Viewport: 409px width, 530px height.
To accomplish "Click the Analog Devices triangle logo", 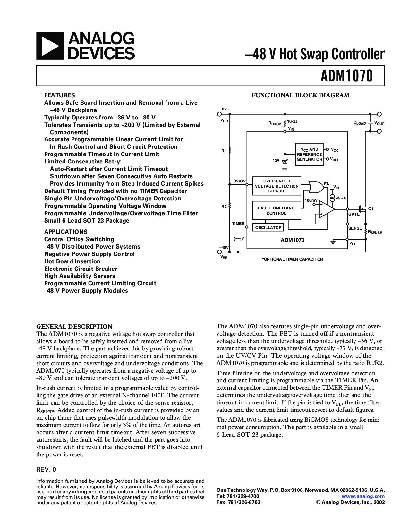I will pyautogui.click(x=50, y=46).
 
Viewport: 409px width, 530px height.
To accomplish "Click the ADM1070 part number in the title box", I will pyautogui.click(x=347, y=76).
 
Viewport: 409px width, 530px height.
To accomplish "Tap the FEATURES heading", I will pyautogui.click(x=59, y=95).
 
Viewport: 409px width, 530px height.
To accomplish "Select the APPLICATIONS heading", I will pyautogui.click(x=66, y=232).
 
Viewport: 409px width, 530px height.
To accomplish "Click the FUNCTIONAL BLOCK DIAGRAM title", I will pyautogui.click(x=300, y=95).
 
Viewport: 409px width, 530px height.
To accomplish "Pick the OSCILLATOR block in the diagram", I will pyautogui.click(x=268, y=227).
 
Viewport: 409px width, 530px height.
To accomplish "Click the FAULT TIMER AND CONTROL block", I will pyautogui.click(x=276, y=210).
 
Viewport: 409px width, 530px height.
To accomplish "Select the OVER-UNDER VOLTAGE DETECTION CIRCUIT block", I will pyautogui.click(x=277, y=186).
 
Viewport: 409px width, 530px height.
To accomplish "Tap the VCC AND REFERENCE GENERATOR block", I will pyautogui.click(x=309, y=154).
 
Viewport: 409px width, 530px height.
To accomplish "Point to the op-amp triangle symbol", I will pyautogui.click(x=325, y=209).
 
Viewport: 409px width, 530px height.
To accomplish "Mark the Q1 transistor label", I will pyautogui.click(x=371, y=208).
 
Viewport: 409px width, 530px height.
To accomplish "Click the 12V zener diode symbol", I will pyautogui.click(x=285, y=161).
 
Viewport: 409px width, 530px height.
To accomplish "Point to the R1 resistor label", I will pyautogui.click(x=224, y=151).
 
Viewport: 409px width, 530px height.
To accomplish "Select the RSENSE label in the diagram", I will pyautogui.click(x=375, y=232).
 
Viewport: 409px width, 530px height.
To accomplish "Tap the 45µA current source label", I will pyautogui.click(x=341, y=198).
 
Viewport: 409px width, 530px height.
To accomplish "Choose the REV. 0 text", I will pyautogui.click(x=46, y=469).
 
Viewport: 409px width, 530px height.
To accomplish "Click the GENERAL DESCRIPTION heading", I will pyautogui.click(x=74, y=326).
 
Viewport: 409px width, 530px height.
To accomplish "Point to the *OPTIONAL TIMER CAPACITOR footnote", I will pyautogui.click(x=292, y=259).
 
